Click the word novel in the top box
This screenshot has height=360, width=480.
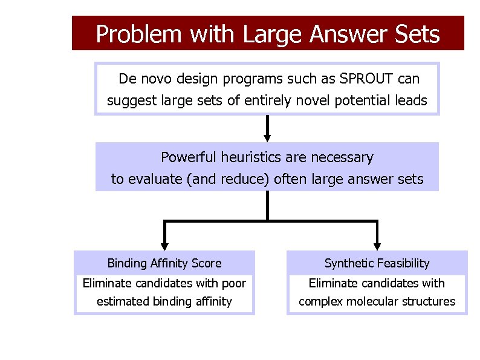(x=311, y=100)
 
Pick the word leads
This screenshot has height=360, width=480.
(x=412, y=100)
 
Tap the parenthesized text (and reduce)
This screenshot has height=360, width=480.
(x=230, y=180)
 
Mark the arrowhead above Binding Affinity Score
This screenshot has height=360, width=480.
(x=164, y=244)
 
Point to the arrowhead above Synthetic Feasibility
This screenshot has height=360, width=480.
(x=377, y=244)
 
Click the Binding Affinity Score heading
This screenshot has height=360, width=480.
(x=164, y=263)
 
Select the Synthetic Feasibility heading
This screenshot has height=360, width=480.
(x=377, y=263)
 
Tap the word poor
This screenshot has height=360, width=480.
(x=234, y=283)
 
